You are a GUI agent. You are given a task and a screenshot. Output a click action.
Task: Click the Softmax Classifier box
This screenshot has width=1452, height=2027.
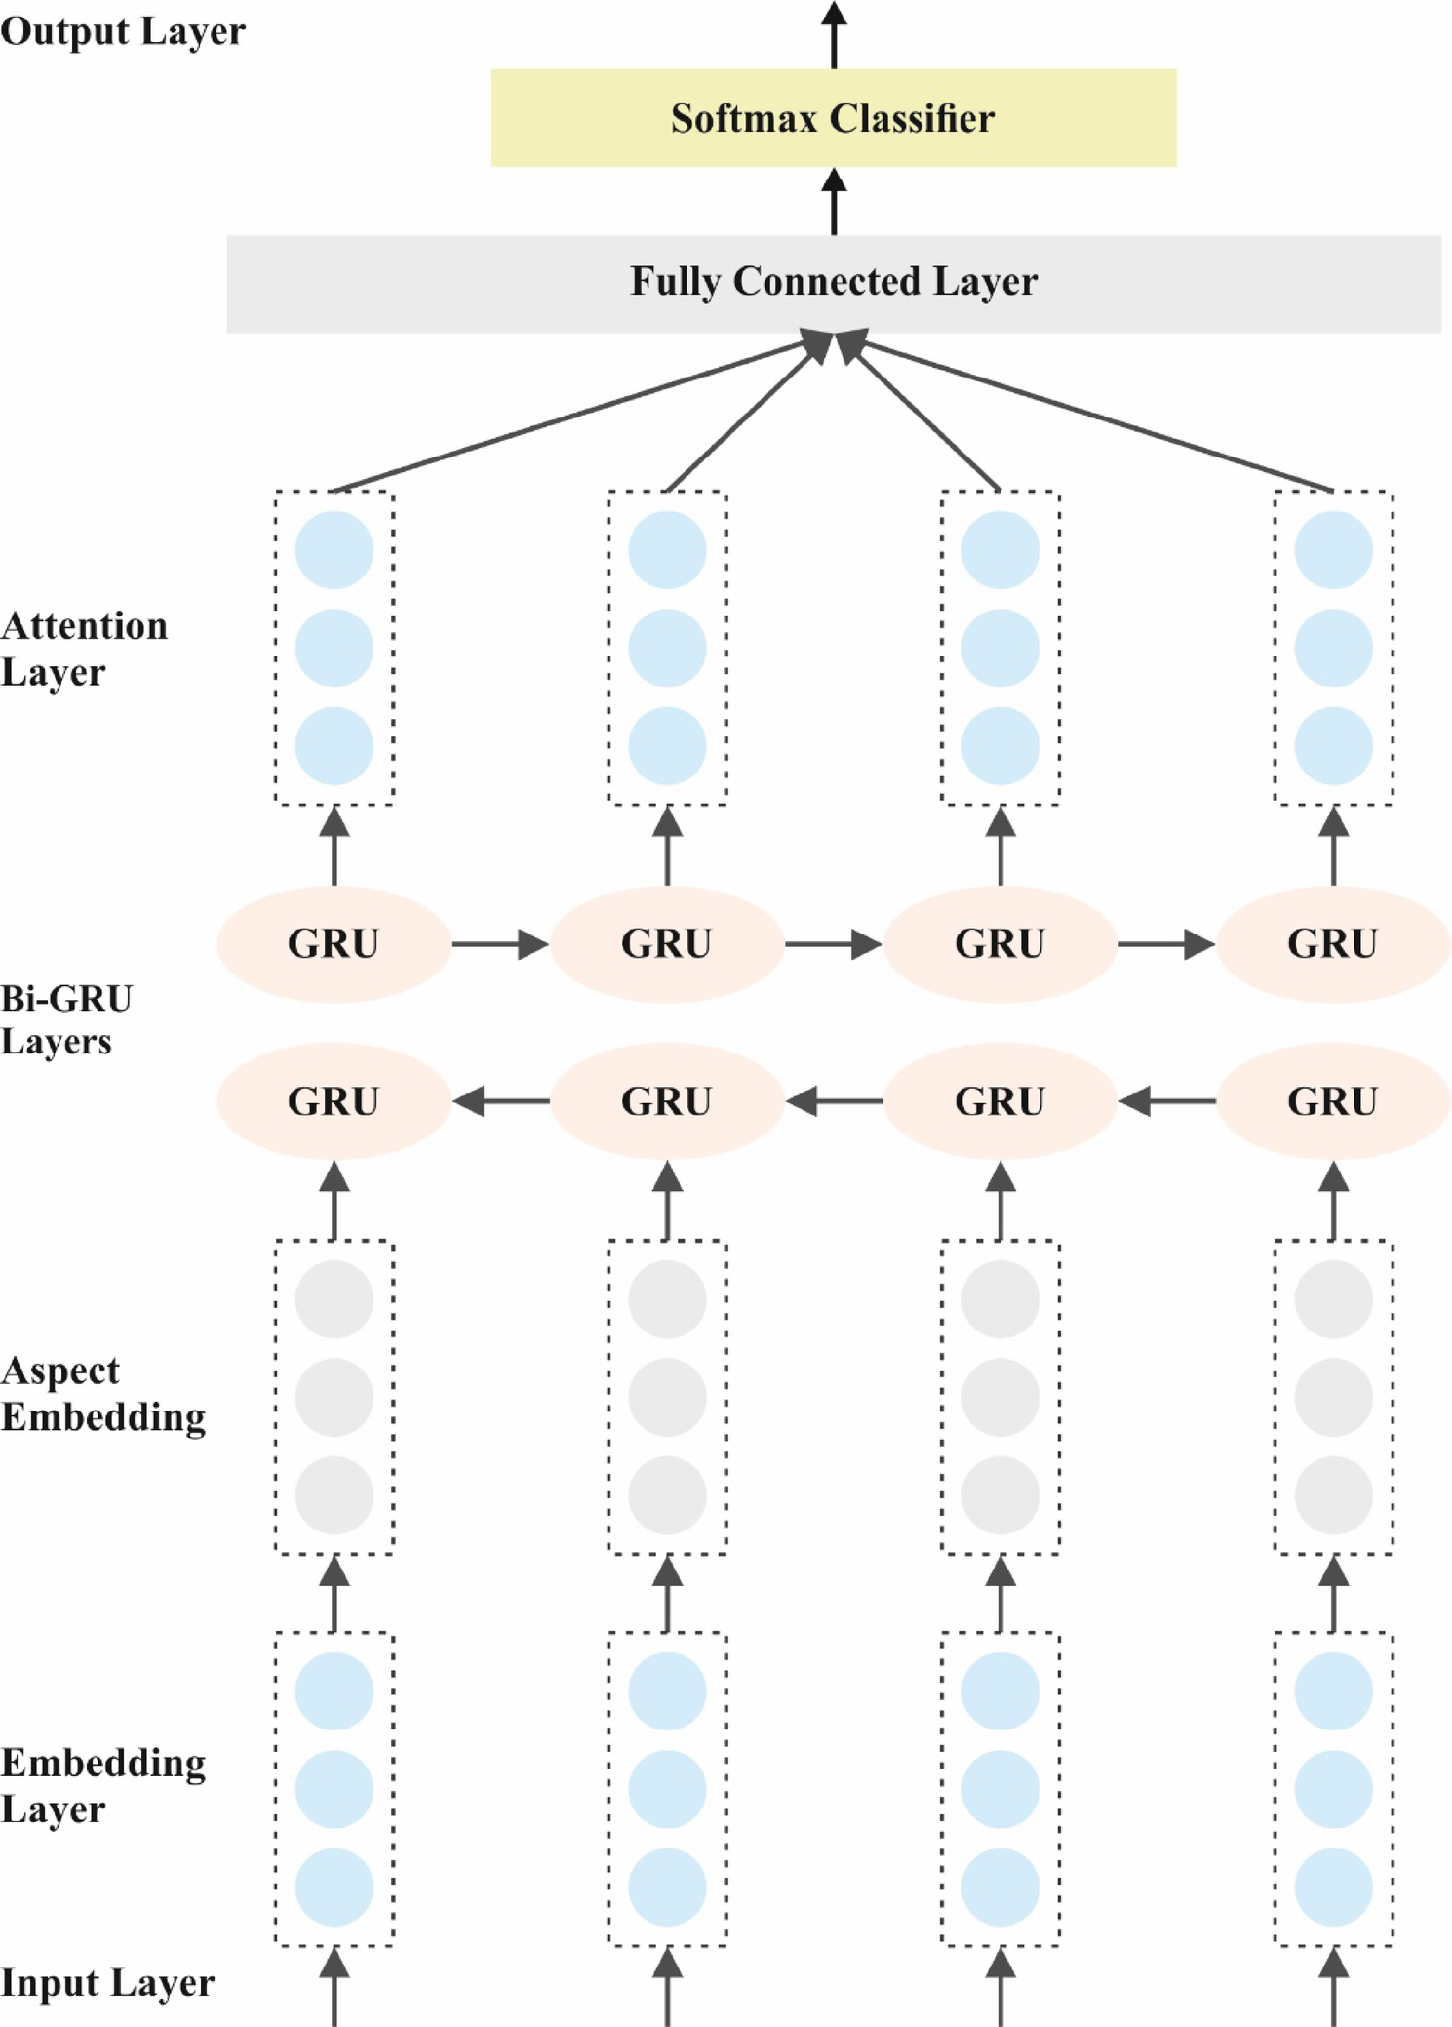pyautogui.click(x=833, y=118)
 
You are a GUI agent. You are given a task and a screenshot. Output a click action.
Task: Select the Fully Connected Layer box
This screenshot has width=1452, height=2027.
pyautogui.click(x=833, y=283)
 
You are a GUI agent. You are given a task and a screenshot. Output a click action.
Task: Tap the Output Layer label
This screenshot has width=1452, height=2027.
pyautogui.click(x=123, y=31)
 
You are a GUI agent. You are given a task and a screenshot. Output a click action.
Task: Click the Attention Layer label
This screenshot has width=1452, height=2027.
pyautogui.click(x=84, y=649)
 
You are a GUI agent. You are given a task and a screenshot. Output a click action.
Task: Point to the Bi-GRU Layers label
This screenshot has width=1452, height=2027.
pyautogui.click(x=66, y=1019)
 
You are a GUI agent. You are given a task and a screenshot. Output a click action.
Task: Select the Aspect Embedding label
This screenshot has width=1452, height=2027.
pyautogui.click(x=102, y=1393)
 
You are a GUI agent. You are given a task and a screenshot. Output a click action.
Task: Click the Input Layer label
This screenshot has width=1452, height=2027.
pyautogui.click(x=107, y=1982)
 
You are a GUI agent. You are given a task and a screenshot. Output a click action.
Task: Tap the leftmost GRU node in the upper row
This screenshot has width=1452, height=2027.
pyautogui.click(x=334, y=943)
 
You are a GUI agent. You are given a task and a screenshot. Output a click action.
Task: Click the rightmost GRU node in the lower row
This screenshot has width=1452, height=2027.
pyautogui.click(x=1332, y=1101)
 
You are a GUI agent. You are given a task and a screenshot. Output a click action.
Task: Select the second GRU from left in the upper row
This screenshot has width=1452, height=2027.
pyautogui.click(x=667, y=943)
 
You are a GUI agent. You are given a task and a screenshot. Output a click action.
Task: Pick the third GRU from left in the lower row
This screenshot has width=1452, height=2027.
pyautogui.click(x=1000, y=1101)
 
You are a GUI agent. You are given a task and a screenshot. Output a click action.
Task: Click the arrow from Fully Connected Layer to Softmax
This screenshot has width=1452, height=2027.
pyautogui.click(x=834, y=202)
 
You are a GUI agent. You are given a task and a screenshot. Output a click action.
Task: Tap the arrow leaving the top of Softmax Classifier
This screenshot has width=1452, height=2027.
pyautogui.click(x=834, y=35)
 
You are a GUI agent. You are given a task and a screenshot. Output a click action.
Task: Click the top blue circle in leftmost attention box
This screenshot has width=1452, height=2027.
pyautogui.click(x=334, y=550)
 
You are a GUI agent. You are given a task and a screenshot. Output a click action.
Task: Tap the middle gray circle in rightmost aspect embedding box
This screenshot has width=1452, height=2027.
pyautogui.click(x=1333, y=1397)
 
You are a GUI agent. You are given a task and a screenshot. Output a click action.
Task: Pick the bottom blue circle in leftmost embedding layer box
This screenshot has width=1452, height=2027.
pyautogui.click(x=334, y=1887)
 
